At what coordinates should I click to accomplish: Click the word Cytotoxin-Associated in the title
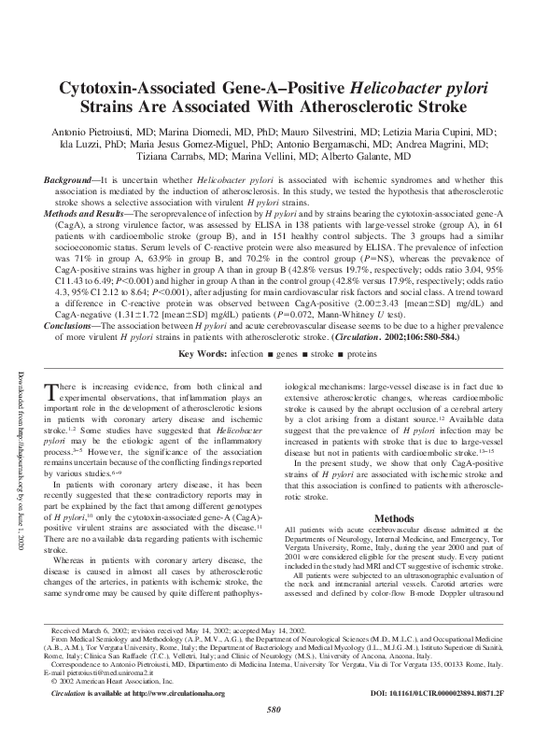click(139, 91)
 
